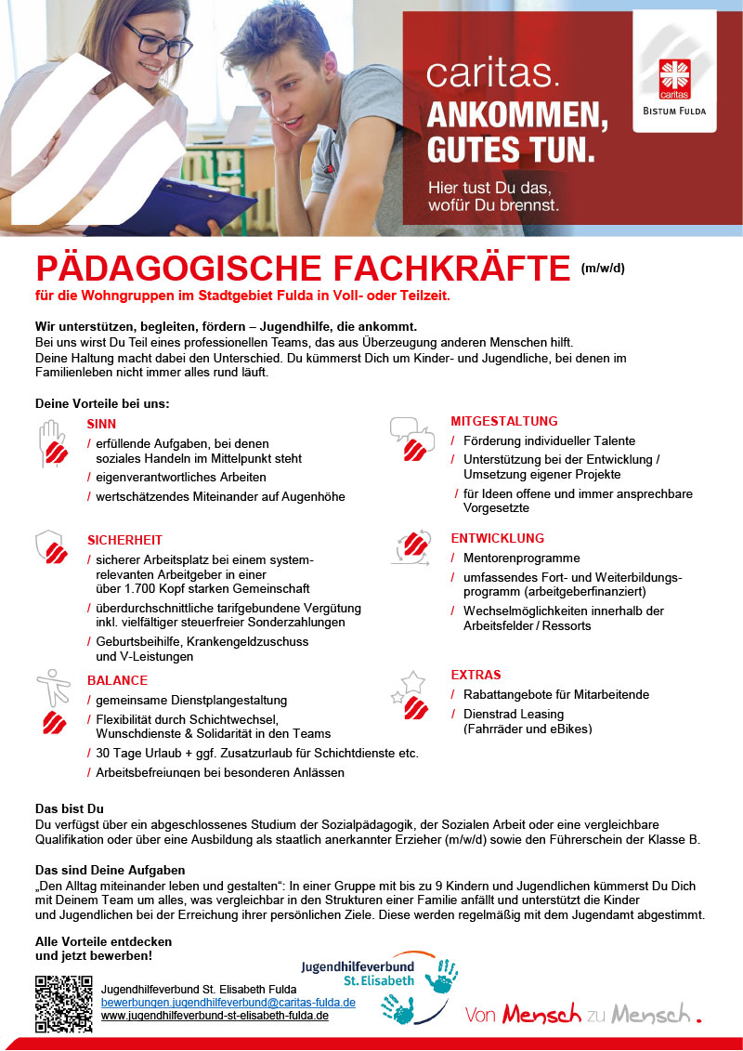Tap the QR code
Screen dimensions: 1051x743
click(63, 1004)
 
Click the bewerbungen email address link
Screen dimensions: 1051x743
click(228, 1003)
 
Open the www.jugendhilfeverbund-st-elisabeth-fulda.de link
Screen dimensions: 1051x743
click(215, 1016)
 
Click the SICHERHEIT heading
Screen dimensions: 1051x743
click(124, 540)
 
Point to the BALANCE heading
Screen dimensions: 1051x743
click(117, 680)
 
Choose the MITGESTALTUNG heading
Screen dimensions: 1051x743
click(504, 421)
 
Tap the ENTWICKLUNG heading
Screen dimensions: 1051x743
click(498, 538)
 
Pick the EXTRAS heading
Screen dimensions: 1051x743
click(476, 675)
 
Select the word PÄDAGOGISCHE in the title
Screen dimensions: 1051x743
click(173, 269)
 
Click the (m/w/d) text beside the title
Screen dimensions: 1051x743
click(603, 269)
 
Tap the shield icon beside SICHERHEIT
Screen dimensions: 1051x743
click(50, 547)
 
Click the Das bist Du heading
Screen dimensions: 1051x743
click(69, 808)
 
